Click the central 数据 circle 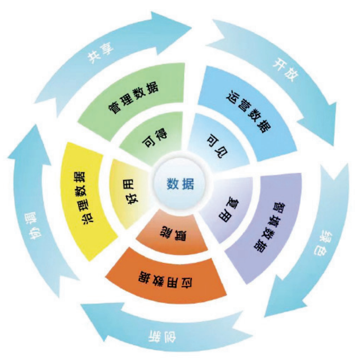[x=180, y=184]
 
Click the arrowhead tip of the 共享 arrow [x=191, y=28]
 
